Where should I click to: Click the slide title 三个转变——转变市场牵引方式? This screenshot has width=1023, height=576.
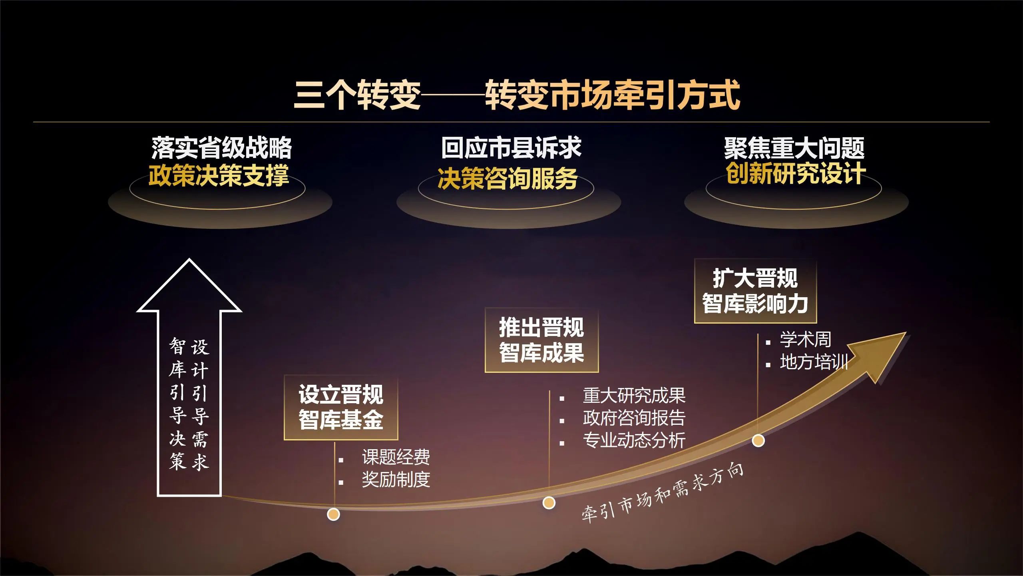coord(517,95)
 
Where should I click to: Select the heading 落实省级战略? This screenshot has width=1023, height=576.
coord(221,148)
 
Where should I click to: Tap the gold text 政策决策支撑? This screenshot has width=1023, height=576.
coord(219,175)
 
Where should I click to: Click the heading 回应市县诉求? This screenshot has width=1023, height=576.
coord(511,148)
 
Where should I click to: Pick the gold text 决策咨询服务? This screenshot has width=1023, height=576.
coord(508,178)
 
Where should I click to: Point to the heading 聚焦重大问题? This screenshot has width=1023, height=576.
coord(794,148)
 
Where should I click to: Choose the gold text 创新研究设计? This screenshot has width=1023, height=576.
coord(796,174)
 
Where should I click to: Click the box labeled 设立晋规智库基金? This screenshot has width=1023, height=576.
coord(341,407)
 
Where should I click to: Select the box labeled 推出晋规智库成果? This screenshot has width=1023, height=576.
coord(541,340)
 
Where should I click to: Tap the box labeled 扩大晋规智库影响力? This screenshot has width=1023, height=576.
coord(755,291)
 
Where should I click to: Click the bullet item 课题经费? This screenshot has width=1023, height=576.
coord(396,457)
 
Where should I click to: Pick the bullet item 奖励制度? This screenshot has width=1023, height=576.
coord(396,480)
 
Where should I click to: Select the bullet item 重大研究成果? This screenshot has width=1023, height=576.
coord(634,396)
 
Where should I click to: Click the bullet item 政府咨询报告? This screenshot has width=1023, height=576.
coord(634,418)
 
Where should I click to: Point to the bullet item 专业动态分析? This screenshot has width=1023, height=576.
coord(634,440)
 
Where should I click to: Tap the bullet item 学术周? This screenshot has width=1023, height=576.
coord(806,340)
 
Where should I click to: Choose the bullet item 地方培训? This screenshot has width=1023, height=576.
coord(814,362)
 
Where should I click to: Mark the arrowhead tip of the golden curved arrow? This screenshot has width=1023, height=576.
coord(906,333)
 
